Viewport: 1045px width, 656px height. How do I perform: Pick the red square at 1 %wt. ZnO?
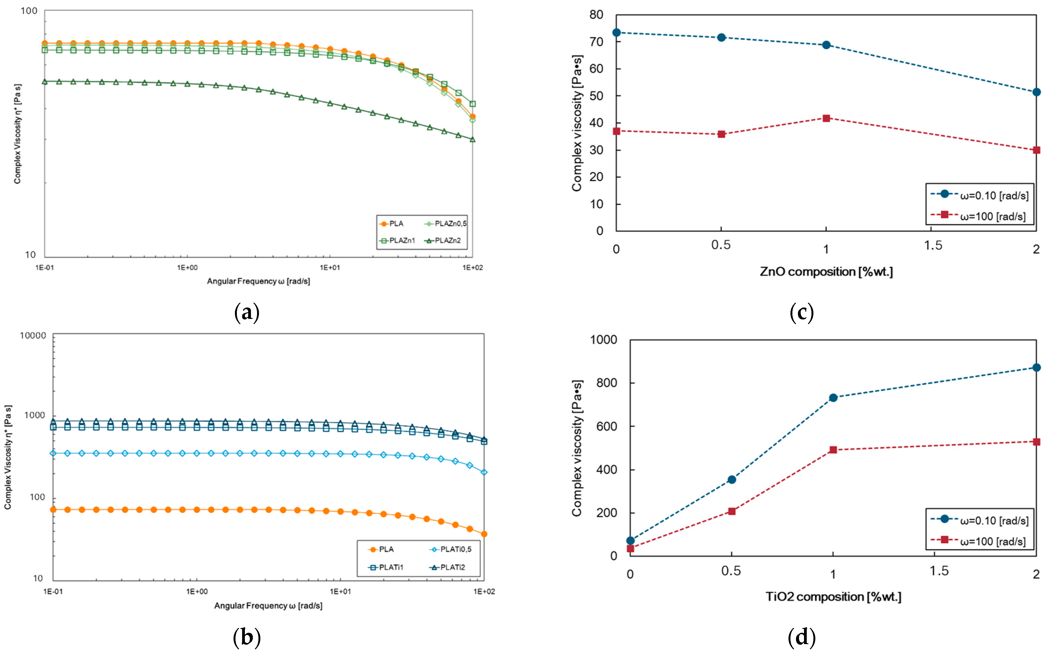(x=826, y=118)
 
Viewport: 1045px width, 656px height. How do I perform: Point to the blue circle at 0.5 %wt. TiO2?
(x=732, y=480)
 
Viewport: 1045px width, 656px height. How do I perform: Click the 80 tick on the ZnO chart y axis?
(x=596, y=15)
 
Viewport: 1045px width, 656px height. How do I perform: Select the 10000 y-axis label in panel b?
(x=33, y=336)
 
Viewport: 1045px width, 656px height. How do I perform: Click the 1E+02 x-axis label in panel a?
(x=472, y=268)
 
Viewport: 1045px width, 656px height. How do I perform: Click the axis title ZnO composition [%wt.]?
(x=826, y=272)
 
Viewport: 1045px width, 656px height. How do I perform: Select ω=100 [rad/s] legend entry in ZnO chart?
(x=992, y=216)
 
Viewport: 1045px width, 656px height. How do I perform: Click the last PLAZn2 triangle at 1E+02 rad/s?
(x=472, y=139)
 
